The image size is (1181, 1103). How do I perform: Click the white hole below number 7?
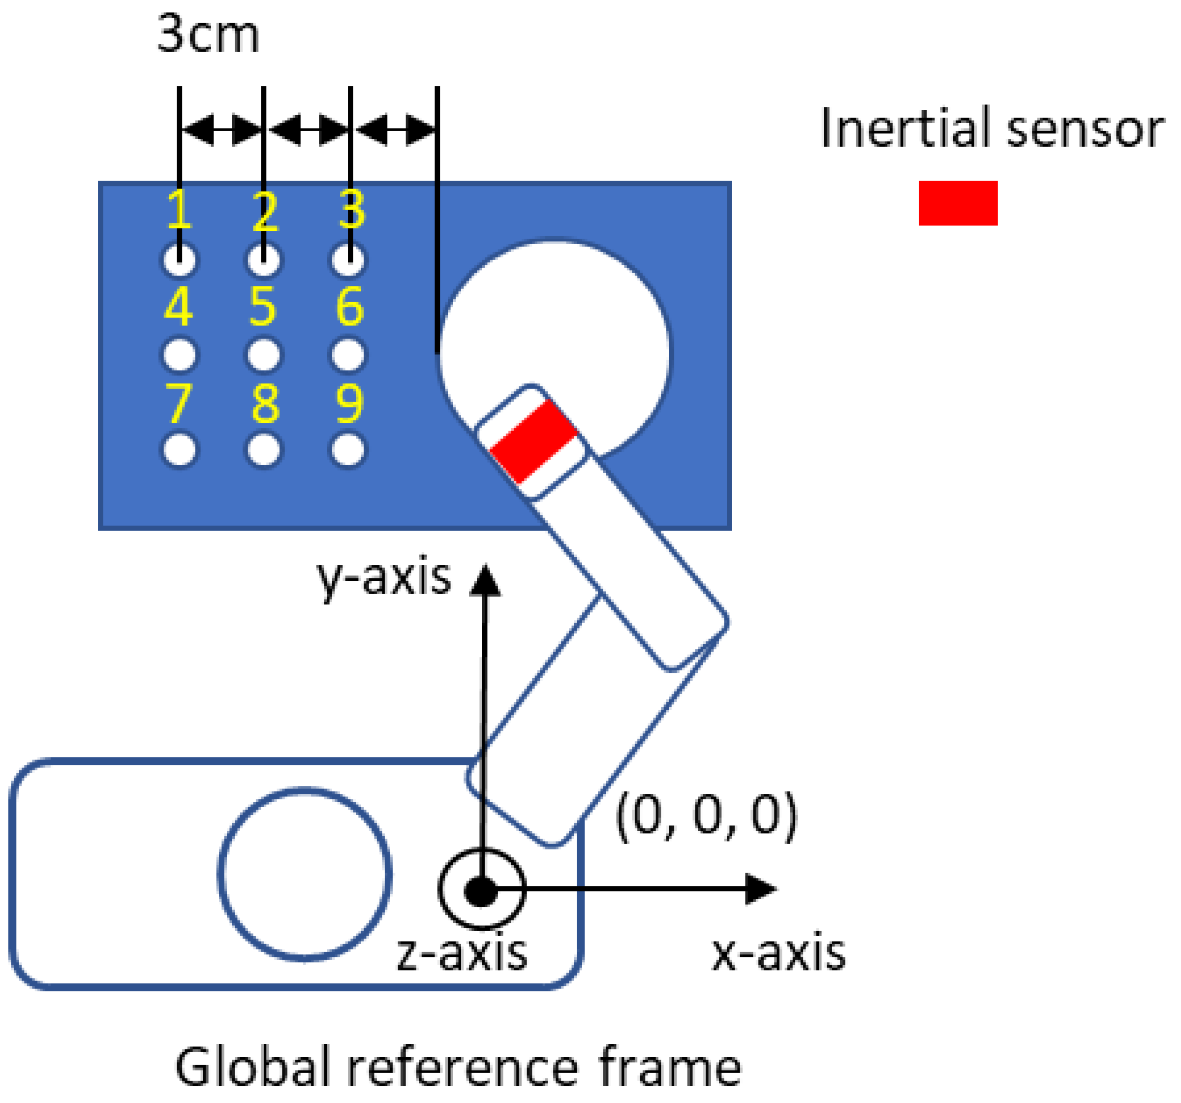[180, 450]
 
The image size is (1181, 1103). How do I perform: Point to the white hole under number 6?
[349, 355]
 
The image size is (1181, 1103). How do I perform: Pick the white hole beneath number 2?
[264, 260]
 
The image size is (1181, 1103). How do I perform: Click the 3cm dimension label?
[208, 34]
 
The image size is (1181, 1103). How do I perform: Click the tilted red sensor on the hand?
[533, 441]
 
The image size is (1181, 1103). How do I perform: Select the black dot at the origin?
[481, 892]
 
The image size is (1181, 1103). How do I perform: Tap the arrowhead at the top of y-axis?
[485, 579]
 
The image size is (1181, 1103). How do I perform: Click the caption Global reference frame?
[458, 1067]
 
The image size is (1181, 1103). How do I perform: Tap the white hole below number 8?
[264, 450]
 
